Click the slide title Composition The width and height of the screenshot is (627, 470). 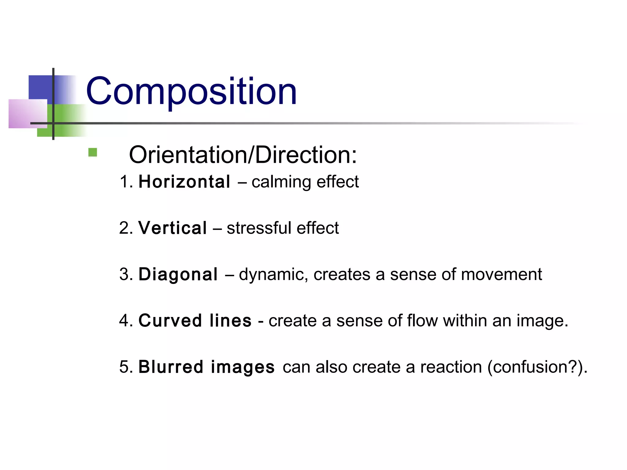(x=191, y=91)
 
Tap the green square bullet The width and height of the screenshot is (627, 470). (x=92, y=152)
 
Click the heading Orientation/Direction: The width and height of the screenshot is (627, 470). (x=243, y=155)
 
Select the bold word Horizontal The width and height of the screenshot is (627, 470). (x=184, y=182)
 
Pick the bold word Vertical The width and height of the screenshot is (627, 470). (x=173, y=228)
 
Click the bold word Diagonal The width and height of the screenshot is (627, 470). (x=178, y=274)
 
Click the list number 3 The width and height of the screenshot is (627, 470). (x=124, y=274)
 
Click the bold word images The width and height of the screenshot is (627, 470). (x=242, y=367)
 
